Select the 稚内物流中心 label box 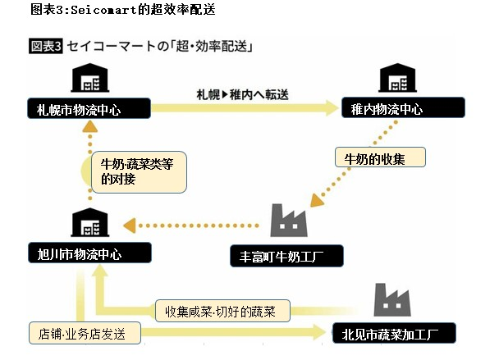(x=402, y=108)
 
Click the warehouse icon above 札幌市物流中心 (x=88, y=79)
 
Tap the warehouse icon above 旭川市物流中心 (x=88, y=223)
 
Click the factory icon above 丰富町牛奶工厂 (x=288, y=221)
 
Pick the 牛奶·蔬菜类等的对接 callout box (x=135, y=171)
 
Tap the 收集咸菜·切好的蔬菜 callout (x=225, y=311)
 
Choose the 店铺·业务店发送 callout (x=84, y=334)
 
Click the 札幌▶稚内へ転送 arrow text (x=243, y=93)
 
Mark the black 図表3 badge (x=46, y=47)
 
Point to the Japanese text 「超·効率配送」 (x=208, y=47)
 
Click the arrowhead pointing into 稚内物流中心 (x=332, y=107)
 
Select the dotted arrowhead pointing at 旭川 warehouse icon (x=128, y=223)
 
